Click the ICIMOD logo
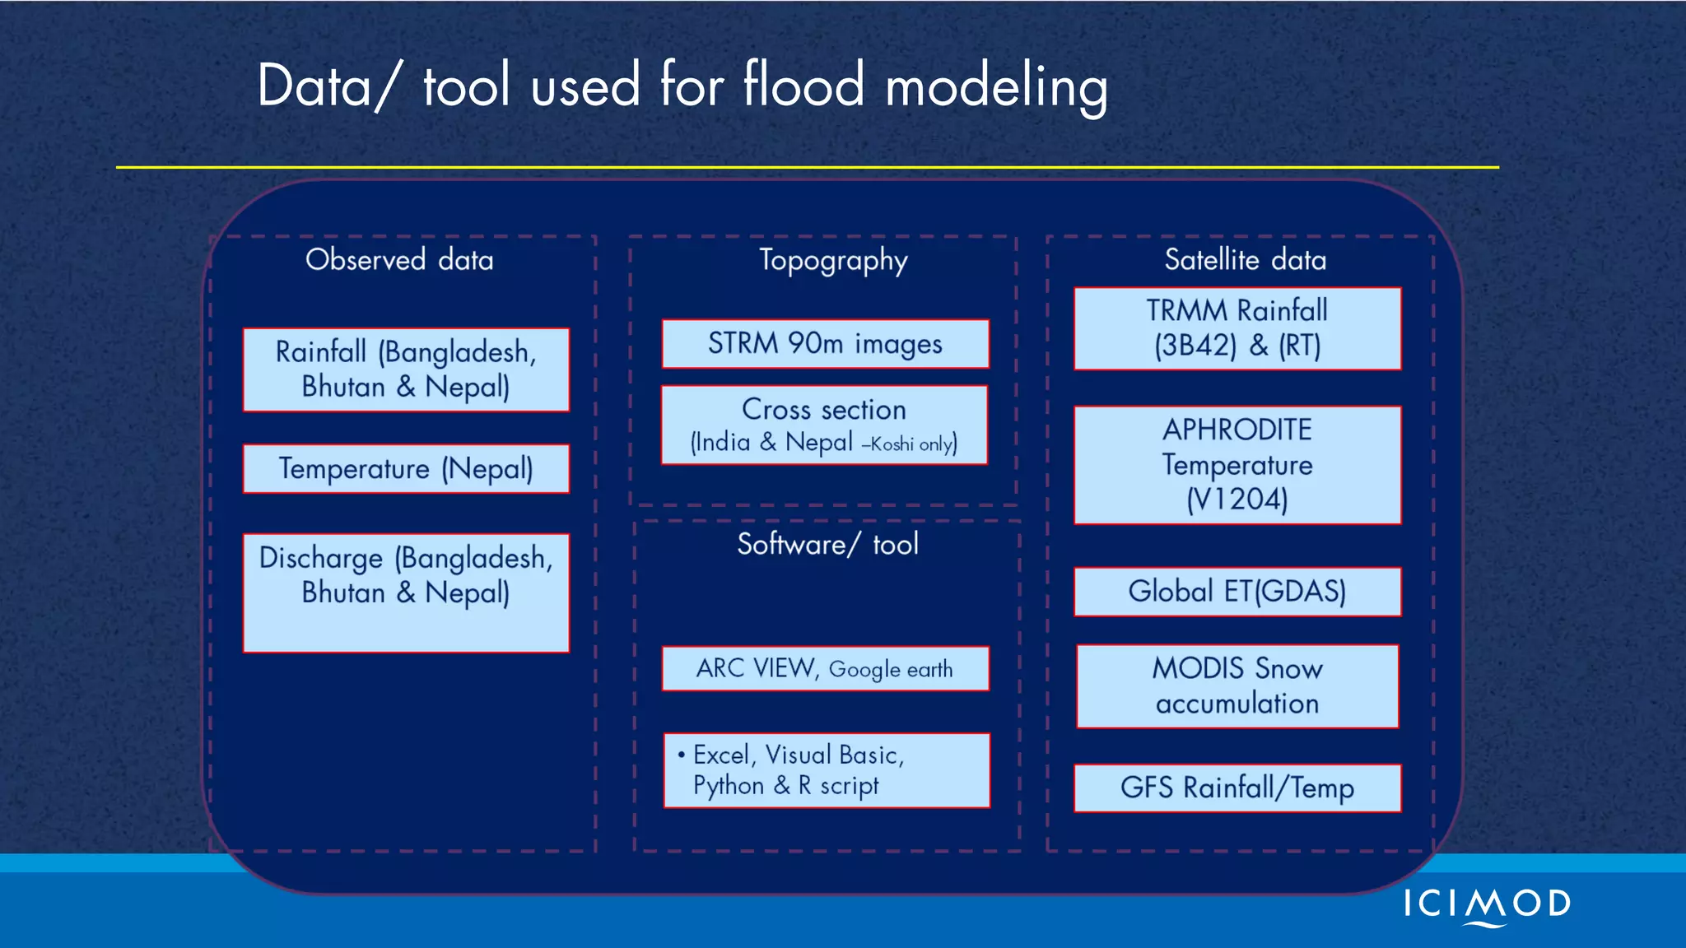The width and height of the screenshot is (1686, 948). (x=1487, y=905)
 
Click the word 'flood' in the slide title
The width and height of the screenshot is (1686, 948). (x=803, y=85)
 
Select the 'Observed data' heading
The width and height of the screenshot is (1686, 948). (x=399, y=260)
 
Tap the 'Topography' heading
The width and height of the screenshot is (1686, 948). (x=833, y=260)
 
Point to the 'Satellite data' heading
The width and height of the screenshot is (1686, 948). (x=1245, y=260)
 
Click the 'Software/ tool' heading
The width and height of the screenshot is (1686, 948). (x=827, y=544)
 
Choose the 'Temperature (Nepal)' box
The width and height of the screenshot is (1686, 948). (x=406, y=469)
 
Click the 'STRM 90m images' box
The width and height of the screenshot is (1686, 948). (x=825, y=343)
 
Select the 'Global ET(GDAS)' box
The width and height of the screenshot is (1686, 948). (x=1237, y=591)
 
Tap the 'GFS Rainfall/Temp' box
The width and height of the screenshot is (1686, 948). (x=1237, y=788)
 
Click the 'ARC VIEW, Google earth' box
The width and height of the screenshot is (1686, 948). (x=825, y=668)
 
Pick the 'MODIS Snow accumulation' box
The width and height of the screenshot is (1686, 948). (x=1237, y=685)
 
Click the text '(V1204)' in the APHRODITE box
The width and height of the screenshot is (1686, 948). (x=1237, y=500)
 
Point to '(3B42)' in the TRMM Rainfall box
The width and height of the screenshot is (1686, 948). (x=1195, y=346)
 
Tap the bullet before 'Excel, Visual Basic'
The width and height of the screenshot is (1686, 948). (x=681, y=754)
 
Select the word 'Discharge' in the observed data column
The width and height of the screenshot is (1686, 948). (x=321, y=558)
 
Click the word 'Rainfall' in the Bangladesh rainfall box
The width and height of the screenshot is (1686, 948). (x=321, y=352)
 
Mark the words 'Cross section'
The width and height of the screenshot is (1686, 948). (x=823, y=409)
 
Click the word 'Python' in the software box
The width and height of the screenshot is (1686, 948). (x=729, y=785)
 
